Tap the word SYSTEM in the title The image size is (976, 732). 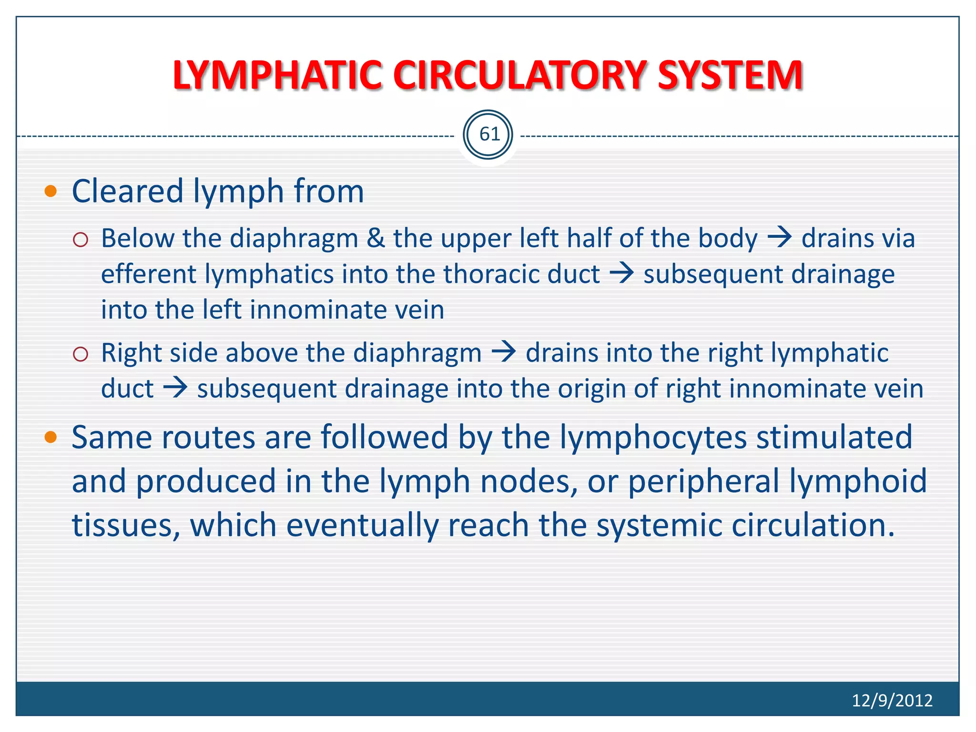click(730, 75)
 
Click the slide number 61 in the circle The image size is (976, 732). click(488, 134)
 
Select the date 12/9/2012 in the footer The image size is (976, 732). click(892, 700)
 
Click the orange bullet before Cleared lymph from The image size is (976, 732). click(51, 192)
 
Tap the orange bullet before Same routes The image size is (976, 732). click(51, 437)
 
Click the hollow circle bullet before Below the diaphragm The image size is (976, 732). click(81, 239)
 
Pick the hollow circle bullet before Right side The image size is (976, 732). click(81, 354)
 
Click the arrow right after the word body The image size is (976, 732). click(780, 237)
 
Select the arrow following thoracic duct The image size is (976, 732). click(622, 273)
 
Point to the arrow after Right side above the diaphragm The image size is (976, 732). click(504, 352)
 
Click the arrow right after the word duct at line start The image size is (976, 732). click(175, 387)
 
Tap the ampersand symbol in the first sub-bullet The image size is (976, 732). click(376, 238)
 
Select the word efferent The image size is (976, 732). click(149, 274)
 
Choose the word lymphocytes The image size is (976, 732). click(653, 437)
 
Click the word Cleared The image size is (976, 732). click(128, 191)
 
